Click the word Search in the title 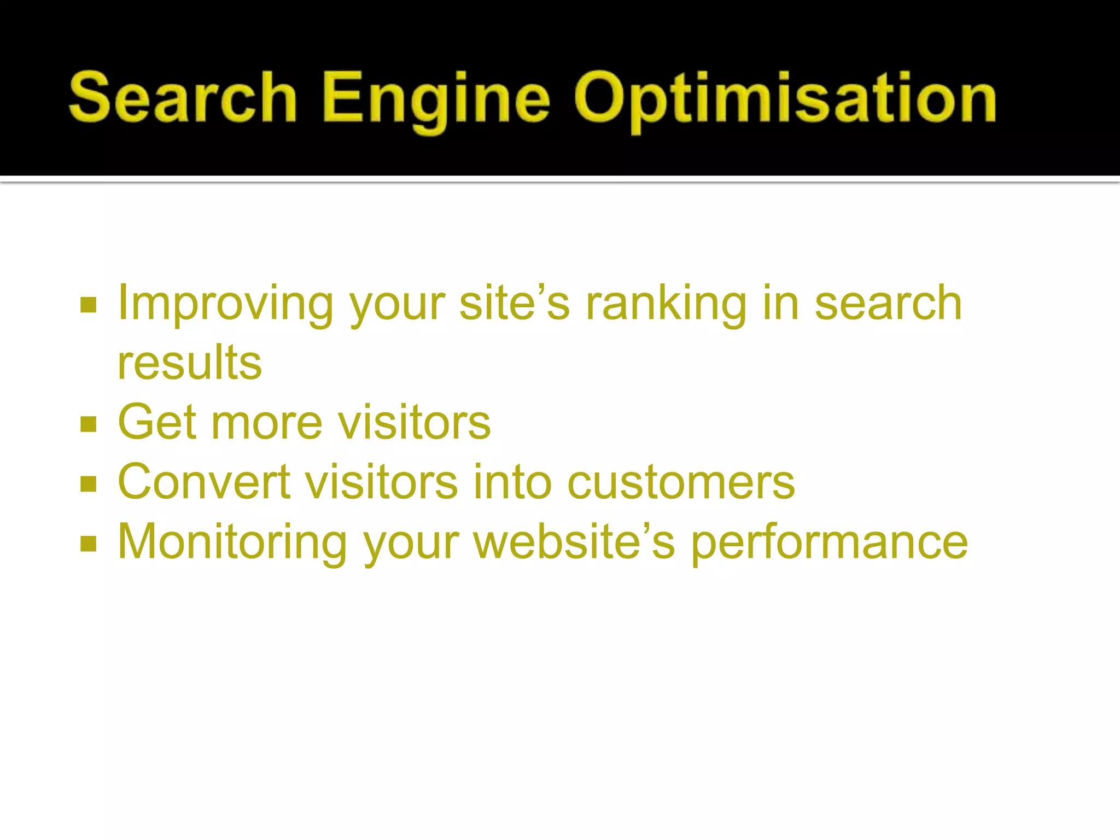(183, 97)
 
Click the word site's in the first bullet (515, 304)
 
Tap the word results (190, 363)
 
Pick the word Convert (204, 482)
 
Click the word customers (681, 483)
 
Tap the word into (512, 482)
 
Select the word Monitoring (232, 542)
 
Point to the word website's (574, 542)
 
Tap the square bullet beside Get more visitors (89, 424)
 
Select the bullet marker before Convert (89, 483)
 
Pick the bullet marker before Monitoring (89, 544)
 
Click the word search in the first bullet (888, 304)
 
